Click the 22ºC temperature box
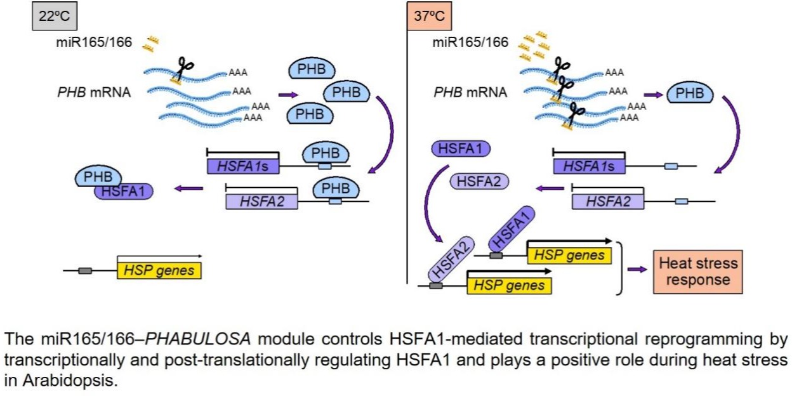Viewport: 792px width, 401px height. (54, 16)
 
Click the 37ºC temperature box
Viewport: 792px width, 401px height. (428, 16)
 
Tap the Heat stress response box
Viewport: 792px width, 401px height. (698, 271)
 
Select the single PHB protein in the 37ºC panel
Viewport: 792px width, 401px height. (690, 94)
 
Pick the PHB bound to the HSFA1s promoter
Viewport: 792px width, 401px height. (325, 154)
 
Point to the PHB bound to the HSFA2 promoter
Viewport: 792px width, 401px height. (335, 188)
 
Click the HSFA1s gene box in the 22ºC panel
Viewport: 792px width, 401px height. (242, 166)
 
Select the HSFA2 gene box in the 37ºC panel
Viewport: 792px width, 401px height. (607, 201)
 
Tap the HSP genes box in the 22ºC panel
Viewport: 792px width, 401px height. (159, 271)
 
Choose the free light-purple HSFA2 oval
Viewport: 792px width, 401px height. (479, 182)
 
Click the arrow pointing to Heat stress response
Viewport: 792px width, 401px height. (636, 269)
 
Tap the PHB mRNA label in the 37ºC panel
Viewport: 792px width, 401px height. (470, 93)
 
